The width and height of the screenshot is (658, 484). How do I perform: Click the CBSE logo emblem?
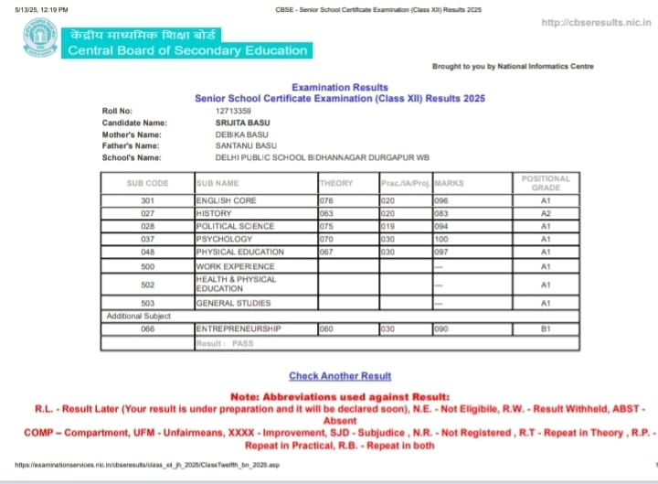click(x=40, y=38)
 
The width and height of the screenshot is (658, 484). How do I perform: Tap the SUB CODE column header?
click(x=148, y=183)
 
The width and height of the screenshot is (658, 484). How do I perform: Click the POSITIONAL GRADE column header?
click(x=545, y=183)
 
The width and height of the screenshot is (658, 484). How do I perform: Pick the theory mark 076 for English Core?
click(x=328, y=200)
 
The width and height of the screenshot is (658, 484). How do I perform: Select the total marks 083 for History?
click(x=442, y=213)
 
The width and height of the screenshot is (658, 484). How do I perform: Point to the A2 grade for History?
click(x=545, y=213)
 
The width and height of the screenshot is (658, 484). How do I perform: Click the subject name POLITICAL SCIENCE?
click(x=235, y=226)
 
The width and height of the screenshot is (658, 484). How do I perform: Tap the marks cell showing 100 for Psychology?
click(x=442, y=239)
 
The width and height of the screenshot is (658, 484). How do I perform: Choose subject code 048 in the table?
click(x=148, y=252)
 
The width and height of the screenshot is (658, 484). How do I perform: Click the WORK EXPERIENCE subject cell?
click(x=235, y=266)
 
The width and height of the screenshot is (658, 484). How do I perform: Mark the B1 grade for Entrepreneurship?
click(x=545, y=328)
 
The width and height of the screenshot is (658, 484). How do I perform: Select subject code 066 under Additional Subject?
click(x=148, y=328)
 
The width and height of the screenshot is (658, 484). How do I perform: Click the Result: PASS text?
click(x=225, y=343)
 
